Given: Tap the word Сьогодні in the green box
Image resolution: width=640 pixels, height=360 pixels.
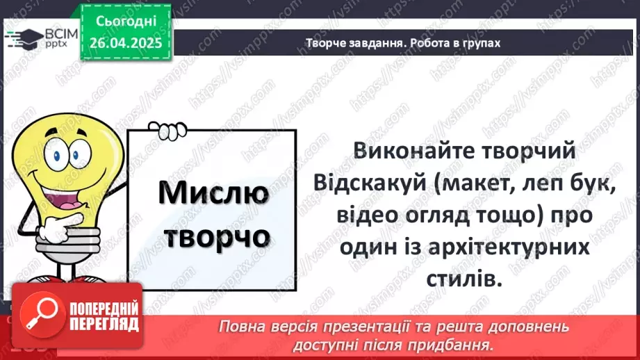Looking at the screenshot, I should click(x=125, y=23).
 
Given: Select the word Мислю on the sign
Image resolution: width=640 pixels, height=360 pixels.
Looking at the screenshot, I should click(x=213, y=193).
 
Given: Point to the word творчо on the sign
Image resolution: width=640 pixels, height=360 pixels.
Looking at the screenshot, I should click(x=213, y=236).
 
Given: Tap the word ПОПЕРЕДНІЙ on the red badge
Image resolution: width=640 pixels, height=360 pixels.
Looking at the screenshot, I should click(x=103, y=308).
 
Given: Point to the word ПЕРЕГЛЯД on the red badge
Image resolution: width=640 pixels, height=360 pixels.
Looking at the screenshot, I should click(x=103, y=324).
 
